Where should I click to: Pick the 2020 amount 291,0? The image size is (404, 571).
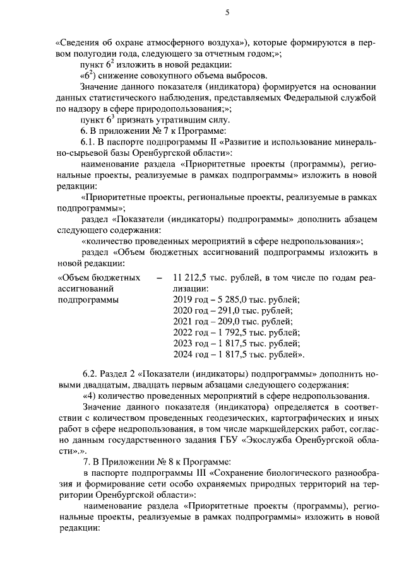tap(224, 311)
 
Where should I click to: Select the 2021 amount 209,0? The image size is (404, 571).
tap(224, 322)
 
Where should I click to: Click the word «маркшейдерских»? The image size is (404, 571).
tap(241, 429)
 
